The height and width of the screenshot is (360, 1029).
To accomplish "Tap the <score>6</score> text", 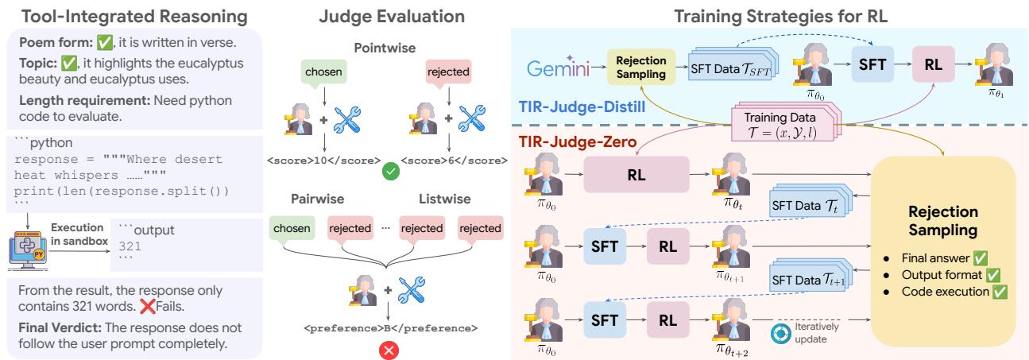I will click(x=455, y=160).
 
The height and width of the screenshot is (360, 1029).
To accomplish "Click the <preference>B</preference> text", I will click(x=386, y=326).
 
